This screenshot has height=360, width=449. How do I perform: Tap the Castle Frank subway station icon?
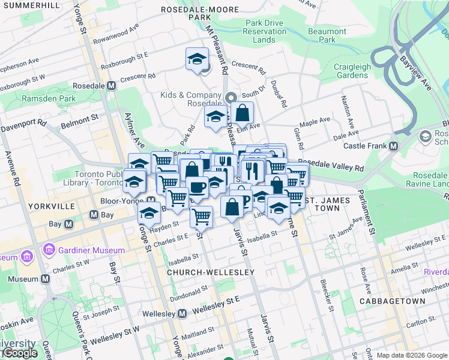pos(394,146)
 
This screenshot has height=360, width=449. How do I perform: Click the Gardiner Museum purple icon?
pos(49,250)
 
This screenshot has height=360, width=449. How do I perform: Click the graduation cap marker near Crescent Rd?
pos(196,59)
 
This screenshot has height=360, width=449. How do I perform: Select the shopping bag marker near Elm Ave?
pos(242,112)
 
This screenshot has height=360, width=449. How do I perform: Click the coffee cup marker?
pos(197,187)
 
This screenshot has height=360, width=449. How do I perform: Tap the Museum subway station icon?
pos(46,279)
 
